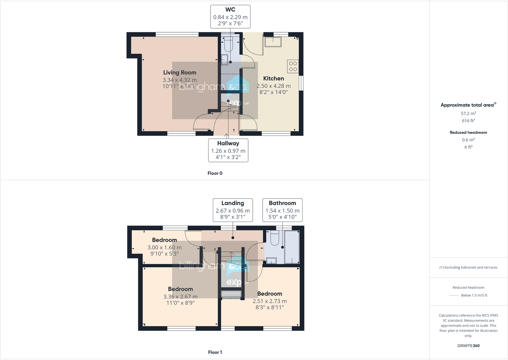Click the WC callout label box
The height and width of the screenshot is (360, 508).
point(230,17)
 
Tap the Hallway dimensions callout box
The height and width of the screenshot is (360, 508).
point(228,150)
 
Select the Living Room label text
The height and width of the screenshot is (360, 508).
point(180,73)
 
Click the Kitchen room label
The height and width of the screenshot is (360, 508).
point(273,79)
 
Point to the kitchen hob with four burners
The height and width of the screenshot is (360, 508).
point(293,66)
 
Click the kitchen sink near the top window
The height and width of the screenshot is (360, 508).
point(273,42)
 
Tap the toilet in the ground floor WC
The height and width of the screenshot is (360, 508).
point(228,44)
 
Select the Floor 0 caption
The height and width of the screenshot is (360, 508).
point(215,173)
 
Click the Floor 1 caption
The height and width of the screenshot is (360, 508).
point(215,352)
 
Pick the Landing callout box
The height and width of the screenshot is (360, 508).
point(233,210)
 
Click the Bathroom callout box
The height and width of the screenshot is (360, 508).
point(282,210)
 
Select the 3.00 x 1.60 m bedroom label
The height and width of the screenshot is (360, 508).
point(164,247)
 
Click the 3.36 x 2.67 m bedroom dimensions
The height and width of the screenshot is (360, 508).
point(180,297)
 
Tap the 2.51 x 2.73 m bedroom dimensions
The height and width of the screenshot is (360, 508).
point(270,301)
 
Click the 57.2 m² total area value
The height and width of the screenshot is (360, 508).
point(468,113)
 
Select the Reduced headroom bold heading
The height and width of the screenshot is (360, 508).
point(468,132)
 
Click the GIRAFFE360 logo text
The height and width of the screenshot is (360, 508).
point(468,346)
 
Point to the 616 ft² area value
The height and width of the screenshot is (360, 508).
point(468,121)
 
